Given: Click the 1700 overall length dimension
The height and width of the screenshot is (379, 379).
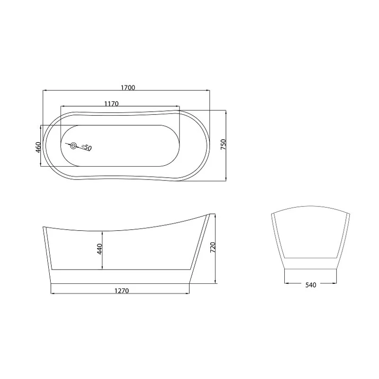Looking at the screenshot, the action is click(x=128, y=88).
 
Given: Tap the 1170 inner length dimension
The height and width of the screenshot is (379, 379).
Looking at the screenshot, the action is click(x=111, y=104).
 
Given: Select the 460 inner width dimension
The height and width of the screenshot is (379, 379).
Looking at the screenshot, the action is click(x=38, y=147).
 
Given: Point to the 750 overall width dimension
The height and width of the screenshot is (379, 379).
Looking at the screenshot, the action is click(x=223, y=144).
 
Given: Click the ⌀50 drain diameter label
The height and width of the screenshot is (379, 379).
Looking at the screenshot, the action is click(x=87, y=147).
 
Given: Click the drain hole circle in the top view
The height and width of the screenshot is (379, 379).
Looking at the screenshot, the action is click(x=73, y=146).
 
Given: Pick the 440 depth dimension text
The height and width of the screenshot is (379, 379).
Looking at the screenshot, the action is click(x=99, y=249).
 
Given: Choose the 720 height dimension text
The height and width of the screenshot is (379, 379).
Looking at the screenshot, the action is click(x=213, y=247).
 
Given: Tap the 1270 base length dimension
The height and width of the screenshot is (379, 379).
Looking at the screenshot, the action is click(x=122, y=290).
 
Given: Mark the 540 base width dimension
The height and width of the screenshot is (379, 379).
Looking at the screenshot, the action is click(x=311, y=285).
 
